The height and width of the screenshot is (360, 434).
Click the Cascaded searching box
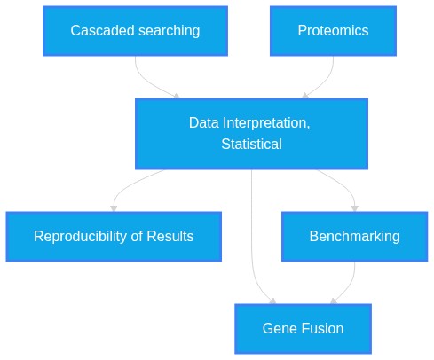(x=135, y=31)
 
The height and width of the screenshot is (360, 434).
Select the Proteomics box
(x=333, y=31)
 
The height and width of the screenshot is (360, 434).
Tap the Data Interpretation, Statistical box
(x=251, y=134)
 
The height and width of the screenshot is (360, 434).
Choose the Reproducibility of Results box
(x=114, y=237)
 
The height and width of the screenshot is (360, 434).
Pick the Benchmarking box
(x=354, y=237)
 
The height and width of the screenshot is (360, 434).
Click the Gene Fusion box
(x=303, y=329)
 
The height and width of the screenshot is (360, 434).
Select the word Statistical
(x=251, y=144)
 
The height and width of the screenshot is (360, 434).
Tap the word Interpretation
(x=266, y=123)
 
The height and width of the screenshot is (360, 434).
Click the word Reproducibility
(x=81, y=237)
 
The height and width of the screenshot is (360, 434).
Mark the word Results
(x=170, y=236)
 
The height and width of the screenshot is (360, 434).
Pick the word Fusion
(x=323, y=328)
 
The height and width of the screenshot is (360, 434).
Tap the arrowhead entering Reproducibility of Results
(x=114, y=208)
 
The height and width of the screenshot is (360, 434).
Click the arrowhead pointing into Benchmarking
(x=355, y=208)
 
